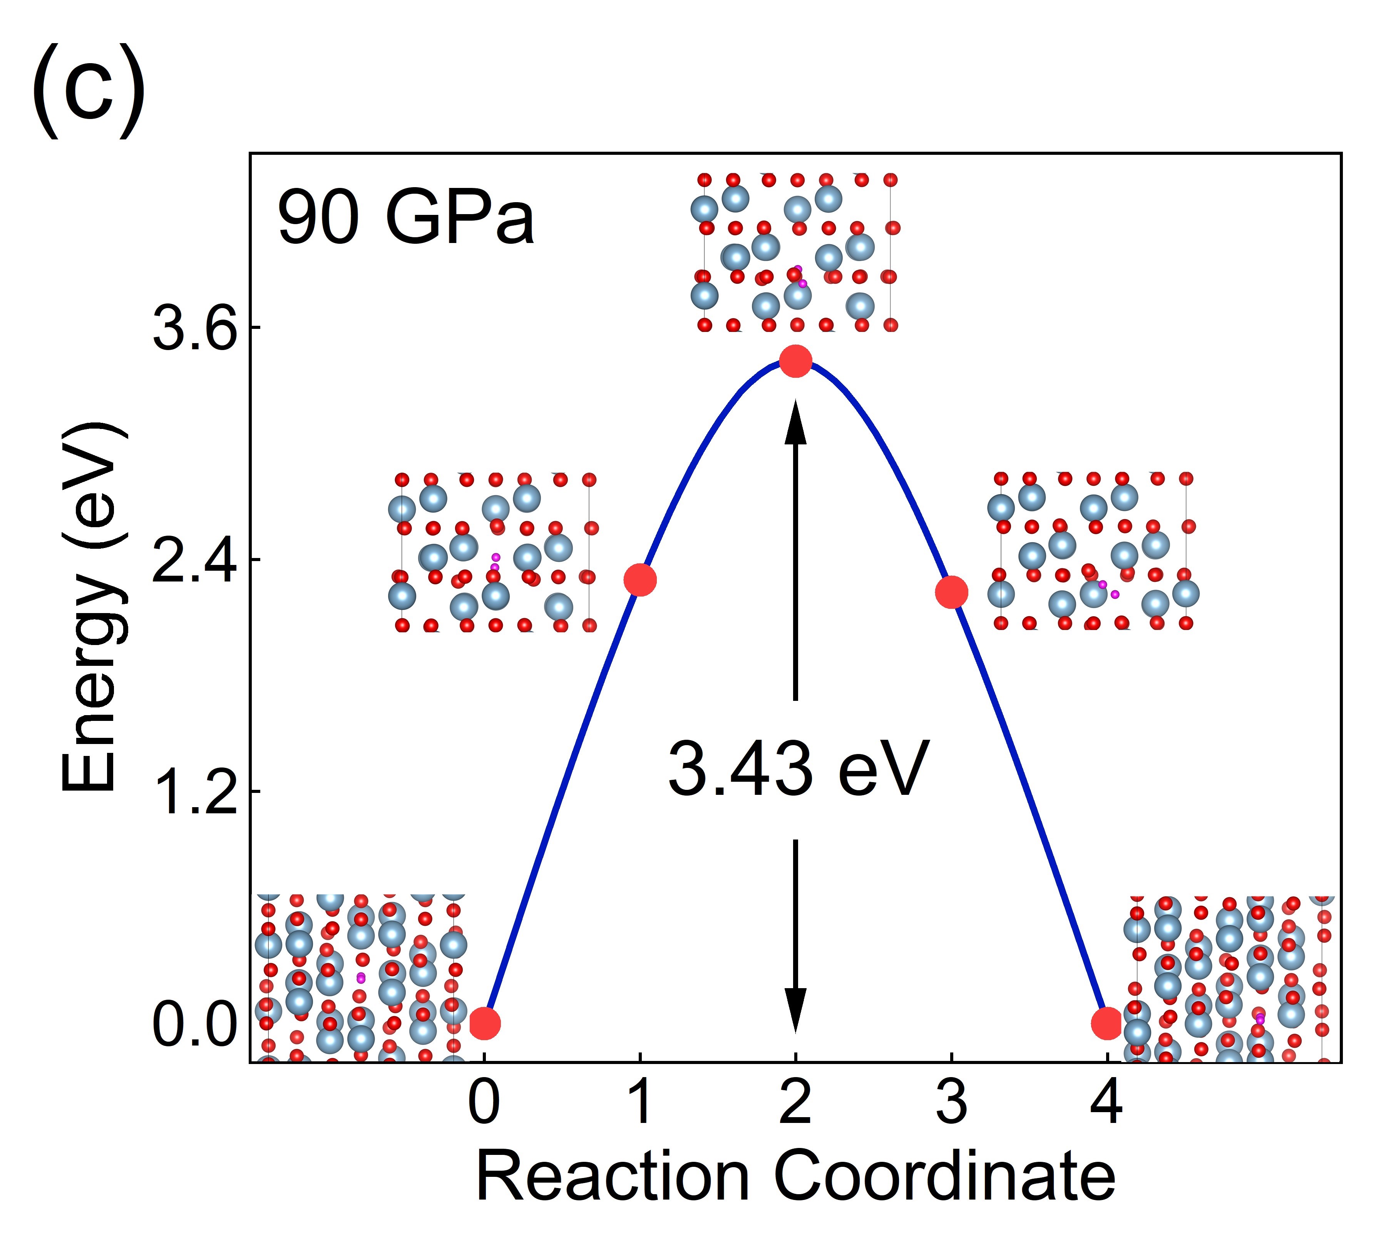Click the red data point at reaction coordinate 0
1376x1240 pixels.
coord(484,1023)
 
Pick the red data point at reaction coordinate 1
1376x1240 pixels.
coord(639,580)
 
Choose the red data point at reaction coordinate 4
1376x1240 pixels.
coord(1106,1023)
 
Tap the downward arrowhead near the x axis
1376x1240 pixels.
coord(795,1008)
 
